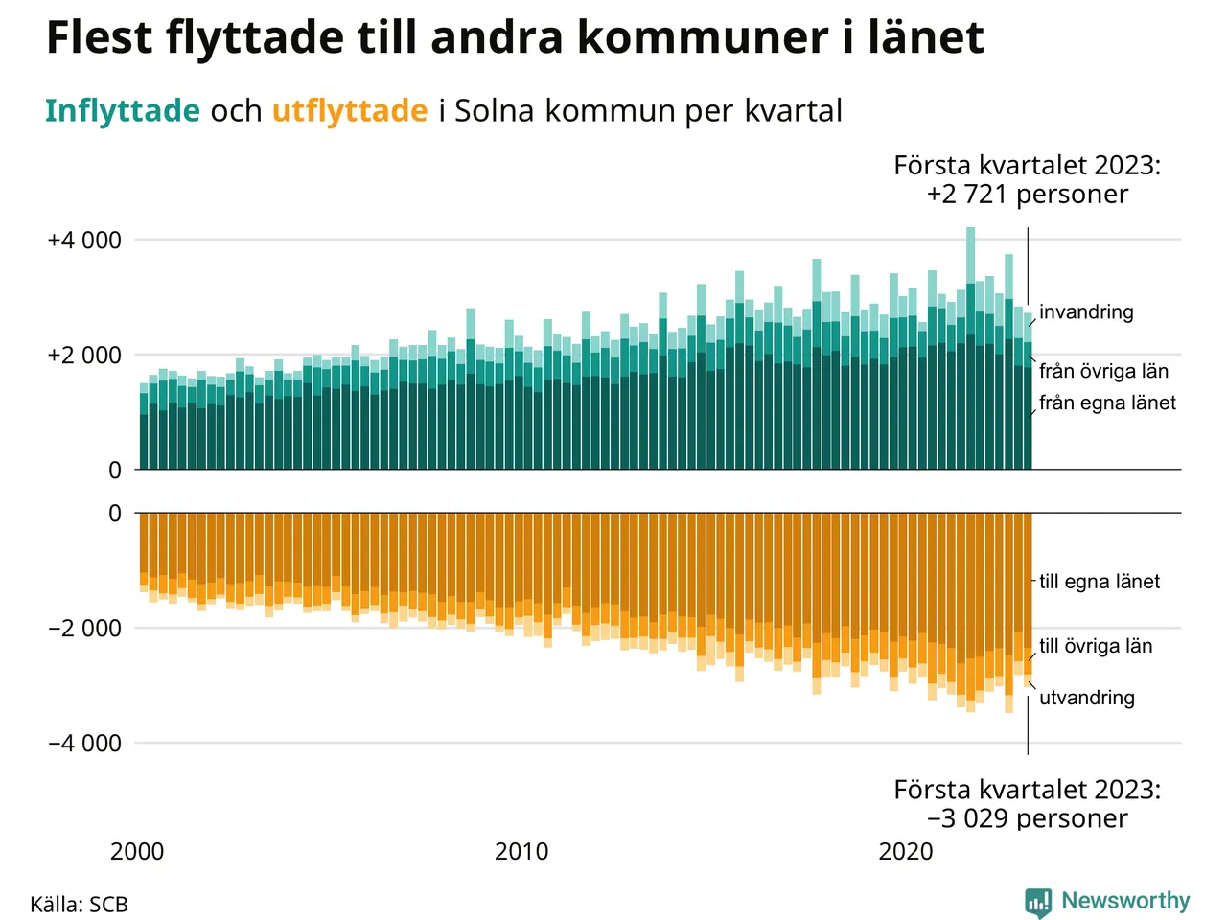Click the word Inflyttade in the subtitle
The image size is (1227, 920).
pos(122,111)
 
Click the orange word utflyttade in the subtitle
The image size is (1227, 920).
pos(349,111)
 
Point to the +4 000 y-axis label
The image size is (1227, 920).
pos(84,241)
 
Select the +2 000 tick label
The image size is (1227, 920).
pos(84,356)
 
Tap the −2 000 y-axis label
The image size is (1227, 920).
pos(84,629)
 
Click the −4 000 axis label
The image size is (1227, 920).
pos(84,744)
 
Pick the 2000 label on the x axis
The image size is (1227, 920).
pos(137,852)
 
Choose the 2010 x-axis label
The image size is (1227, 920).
pos(521,852)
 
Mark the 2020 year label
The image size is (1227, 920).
pos(906,852)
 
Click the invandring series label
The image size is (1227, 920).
pos(1086,312)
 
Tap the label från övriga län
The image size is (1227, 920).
pos(1103,372)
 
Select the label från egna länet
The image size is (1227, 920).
pos(1107,403)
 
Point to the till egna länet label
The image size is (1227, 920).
pos(1100,582)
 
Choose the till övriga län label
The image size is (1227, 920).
pos(1096,647)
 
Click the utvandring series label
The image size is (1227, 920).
pos(1087,699)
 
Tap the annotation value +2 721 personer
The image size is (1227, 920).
pos(1027,195)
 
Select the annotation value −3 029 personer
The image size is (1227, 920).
pos(1027,819)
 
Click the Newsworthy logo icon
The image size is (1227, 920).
pos(1038,903)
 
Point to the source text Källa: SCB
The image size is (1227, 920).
pos(79,906)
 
